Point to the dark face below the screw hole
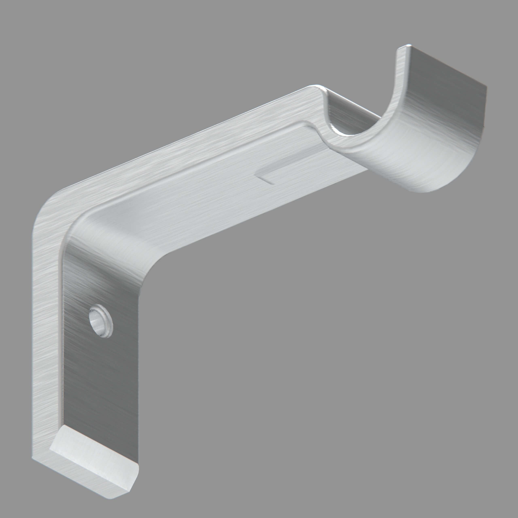[x=102, y=389]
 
